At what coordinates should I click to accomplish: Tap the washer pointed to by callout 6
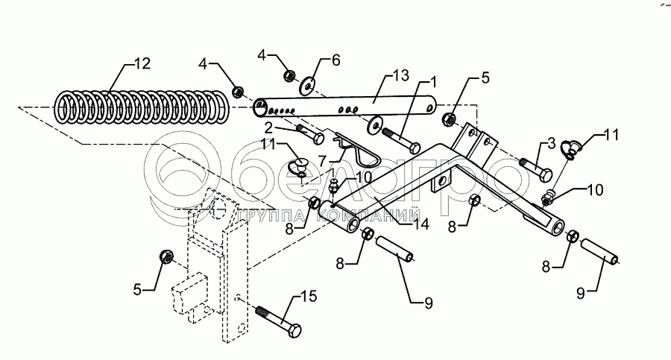308,86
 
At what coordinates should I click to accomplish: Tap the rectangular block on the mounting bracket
192,296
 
